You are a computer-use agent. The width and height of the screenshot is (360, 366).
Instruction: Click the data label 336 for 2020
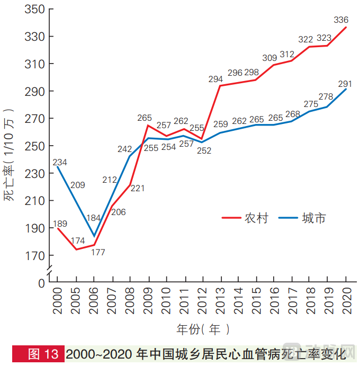point(341,20)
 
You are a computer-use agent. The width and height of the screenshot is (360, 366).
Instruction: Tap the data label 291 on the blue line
point(345,84)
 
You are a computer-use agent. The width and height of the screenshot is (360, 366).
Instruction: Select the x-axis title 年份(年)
point(203,329)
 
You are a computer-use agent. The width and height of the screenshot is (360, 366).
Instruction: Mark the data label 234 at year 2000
point(59,163)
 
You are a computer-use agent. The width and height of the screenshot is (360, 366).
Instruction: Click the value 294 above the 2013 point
point(215,79)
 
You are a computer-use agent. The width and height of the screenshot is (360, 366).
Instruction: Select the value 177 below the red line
point(98,252)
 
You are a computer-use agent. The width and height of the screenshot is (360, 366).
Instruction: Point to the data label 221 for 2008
point(137,188)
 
